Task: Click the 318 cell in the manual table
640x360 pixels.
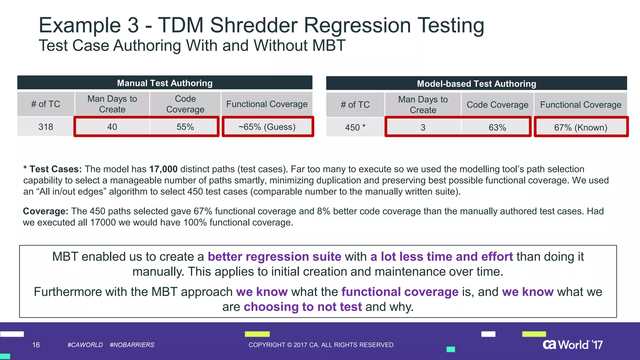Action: point(46,127)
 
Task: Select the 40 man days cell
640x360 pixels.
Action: point(112,127)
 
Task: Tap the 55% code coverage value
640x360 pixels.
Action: point(185,127)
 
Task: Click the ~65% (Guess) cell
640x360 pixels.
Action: point(267,127)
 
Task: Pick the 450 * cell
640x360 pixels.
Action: point(355,127)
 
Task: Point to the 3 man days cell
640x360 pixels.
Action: point(423,127)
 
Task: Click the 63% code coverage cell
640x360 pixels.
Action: point(497,127)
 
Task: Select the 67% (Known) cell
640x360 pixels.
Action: point(581,127)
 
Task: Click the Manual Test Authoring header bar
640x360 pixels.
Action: point(165,83)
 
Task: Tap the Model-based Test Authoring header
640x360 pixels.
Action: point(476,84)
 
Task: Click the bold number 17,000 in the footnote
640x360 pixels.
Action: point(163,169)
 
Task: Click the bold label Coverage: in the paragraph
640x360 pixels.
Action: point(46,211)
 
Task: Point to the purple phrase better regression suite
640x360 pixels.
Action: point(274,257)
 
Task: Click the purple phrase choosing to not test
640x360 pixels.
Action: point(302,307)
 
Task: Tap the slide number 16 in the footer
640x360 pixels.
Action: point(36,345)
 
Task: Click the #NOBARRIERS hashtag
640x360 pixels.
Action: point(132,345)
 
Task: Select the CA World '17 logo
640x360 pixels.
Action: point(572,345)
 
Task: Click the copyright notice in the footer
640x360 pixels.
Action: point(321,345)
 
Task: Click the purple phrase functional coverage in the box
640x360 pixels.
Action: point(400,292)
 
